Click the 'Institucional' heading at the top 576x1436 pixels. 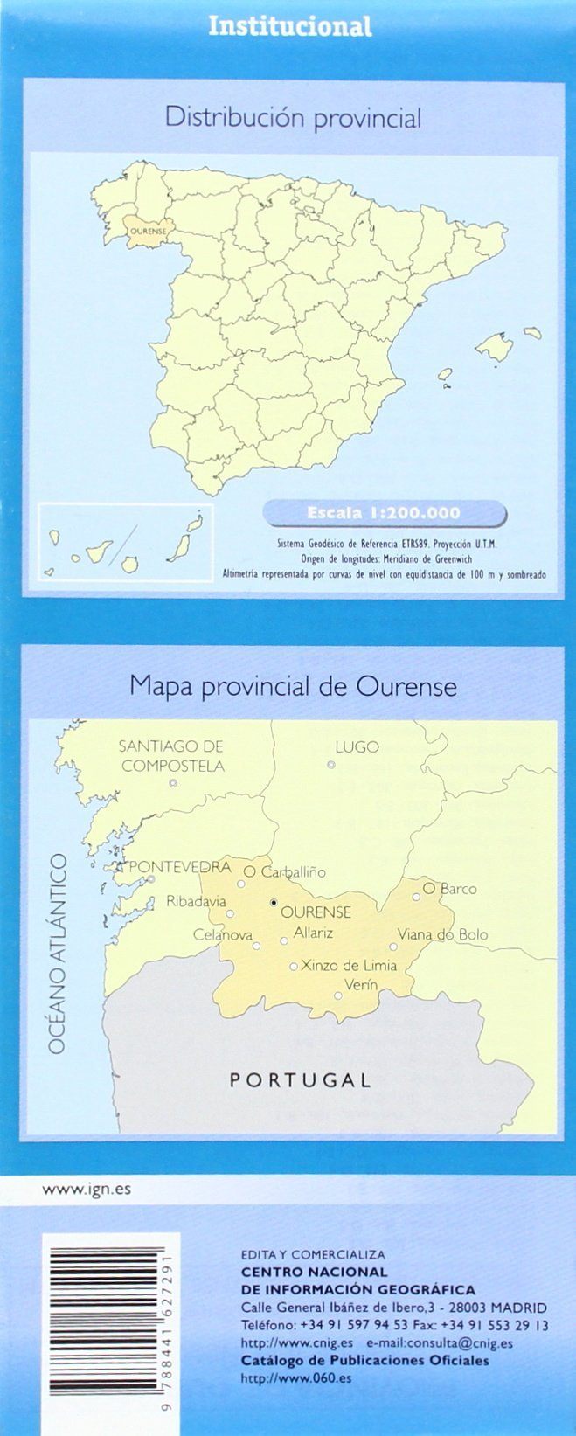(289, 27)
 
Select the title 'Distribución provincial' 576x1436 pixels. (294, 118)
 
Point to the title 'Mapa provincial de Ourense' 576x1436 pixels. (294, 686)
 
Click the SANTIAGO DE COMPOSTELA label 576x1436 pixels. (171, 756)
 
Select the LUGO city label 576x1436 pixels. (357, 746)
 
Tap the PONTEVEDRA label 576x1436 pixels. (179, 867)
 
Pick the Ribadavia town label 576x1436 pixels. (196, 901)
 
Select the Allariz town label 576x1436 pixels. (313, 933)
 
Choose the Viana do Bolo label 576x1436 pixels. (442, 934)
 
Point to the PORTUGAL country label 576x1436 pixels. (300, 1080)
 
